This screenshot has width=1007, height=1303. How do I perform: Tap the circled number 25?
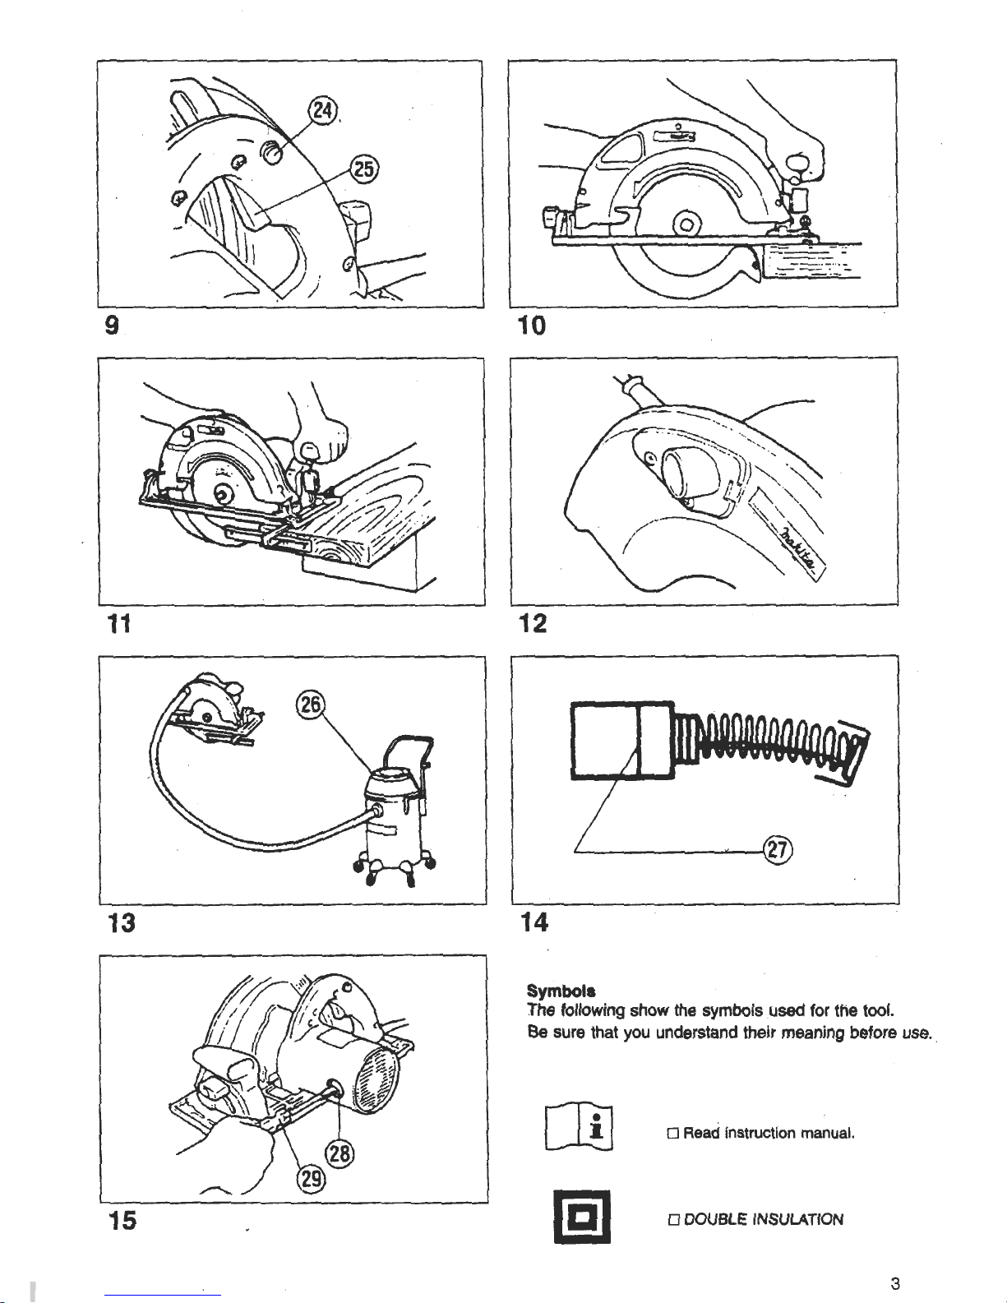pos(363,169)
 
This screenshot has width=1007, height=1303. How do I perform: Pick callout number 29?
pos(311,1181)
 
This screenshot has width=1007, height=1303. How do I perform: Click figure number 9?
pos(109,326)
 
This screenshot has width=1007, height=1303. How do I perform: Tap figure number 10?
pos(531,326)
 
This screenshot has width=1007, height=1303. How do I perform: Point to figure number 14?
pos(534,922)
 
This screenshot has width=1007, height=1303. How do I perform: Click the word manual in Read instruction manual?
pos(829,1134)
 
